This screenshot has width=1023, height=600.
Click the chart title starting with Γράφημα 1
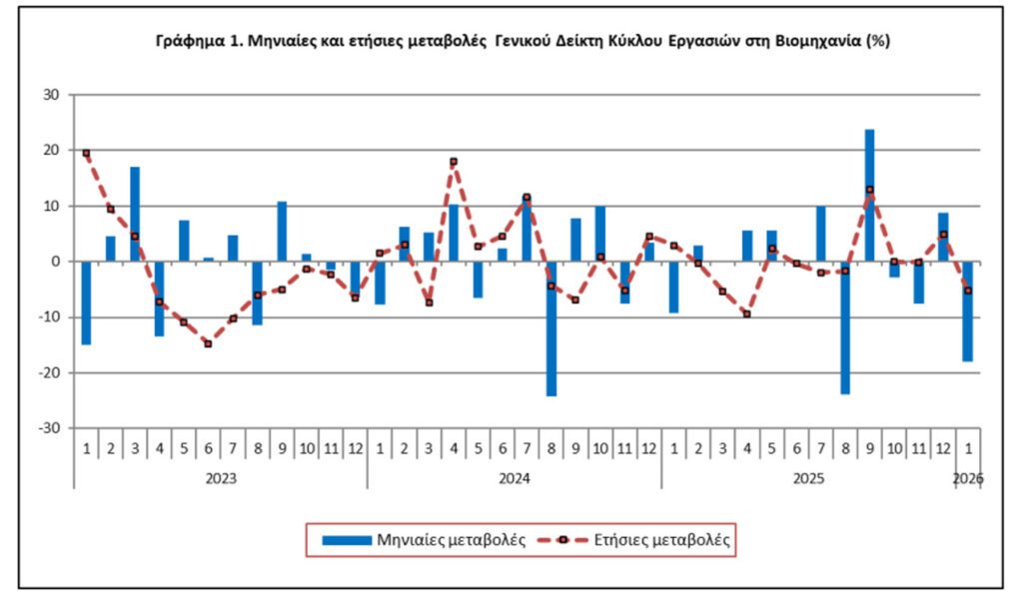523,42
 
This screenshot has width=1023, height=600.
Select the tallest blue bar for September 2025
869,195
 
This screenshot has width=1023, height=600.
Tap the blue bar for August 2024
551,328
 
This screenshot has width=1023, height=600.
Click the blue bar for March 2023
135,214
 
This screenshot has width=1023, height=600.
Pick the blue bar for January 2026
967,310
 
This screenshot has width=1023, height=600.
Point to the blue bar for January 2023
86,302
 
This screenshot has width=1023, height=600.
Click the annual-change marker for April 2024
454,162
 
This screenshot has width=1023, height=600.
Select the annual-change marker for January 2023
86,153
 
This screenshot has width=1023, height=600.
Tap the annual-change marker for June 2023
208,343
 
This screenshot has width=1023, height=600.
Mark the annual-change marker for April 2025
747,313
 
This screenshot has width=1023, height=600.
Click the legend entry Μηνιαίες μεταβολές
426,540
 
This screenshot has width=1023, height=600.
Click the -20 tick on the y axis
49,372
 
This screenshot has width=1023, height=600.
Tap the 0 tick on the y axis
56,262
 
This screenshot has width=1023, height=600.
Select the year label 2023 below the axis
220,478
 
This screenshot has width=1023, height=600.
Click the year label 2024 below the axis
514,478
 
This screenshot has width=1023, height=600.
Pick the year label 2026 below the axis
967,478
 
